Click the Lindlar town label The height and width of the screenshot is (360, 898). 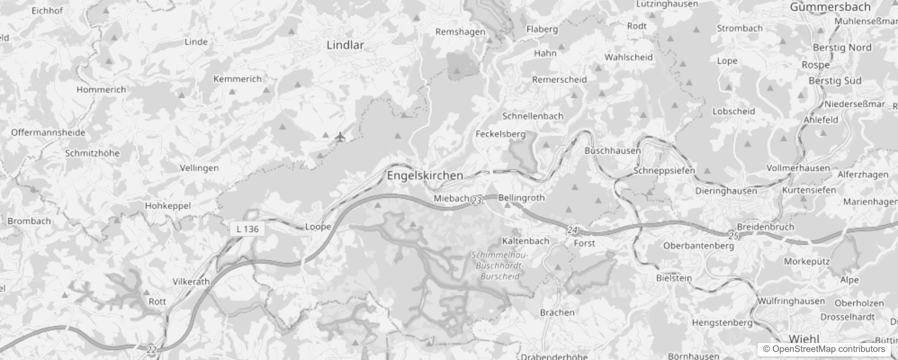pos(345,45)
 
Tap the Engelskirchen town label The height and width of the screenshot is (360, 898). pos(425,175)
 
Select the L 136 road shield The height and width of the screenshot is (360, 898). pos(247,229)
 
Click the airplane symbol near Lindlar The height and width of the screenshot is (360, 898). pos(340,136)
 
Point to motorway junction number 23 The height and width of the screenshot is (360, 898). pos(477,201)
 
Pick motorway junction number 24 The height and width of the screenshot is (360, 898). pos(572,230)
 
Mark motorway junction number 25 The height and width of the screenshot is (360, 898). pos(733,236)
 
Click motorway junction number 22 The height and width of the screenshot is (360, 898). pos(152,349)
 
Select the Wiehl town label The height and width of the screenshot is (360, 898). pos(804,339)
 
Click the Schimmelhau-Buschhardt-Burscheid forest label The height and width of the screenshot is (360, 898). pos(500,265)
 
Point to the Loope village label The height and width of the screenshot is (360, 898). pos(318,226)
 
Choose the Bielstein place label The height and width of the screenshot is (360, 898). pos(673,278)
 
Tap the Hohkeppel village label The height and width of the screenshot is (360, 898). pos(168,206)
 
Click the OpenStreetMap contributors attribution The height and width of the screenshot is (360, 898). pos(824,349)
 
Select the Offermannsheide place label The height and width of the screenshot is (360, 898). pos(48,132)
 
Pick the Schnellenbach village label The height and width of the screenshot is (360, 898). pos(533,116)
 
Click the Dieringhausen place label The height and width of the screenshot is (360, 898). pos(726,191)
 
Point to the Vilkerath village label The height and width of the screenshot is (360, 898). pos(191,282)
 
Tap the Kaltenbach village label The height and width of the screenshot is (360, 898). pos(525,241)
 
